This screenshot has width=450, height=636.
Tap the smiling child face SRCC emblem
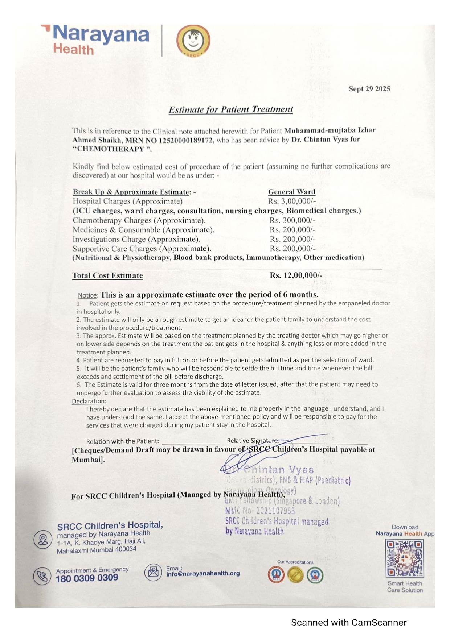(193, 41)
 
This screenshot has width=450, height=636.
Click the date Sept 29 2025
(369, 89)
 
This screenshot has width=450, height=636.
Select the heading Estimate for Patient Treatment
(231, 109)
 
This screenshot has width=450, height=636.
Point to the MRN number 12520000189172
(186, 140)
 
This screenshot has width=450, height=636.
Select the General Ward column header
(291, 192)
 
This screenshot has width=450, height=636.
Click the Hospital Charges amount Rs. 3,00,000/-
(292, 201)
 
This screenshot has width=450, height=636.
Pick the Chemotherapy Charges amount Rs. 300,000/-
(292, 220)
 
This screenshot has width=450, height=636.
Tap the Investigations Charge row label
(136, 239)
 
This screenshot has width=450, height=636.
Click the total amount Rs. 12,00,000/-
(296, 275)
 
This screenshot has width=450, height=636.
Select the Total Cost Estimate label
(107, 275)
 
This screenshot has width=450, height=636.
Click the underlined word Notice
(88, 295)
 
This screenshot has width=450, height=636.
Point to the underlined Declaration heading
(89, 401)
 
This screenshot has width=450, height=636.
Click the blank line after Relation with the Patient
(192, 442)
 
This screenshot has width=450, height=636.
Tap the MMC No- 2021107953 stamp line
(260, 511)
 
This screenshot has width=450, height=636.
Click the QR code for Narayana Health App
(404, 558)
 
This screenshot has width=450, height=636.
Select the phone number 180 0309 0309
(87, 578)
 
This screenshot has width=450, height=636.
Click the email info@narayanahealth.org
(203, 573)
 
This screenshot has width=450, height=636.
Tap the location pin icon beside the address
(43, 539)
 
